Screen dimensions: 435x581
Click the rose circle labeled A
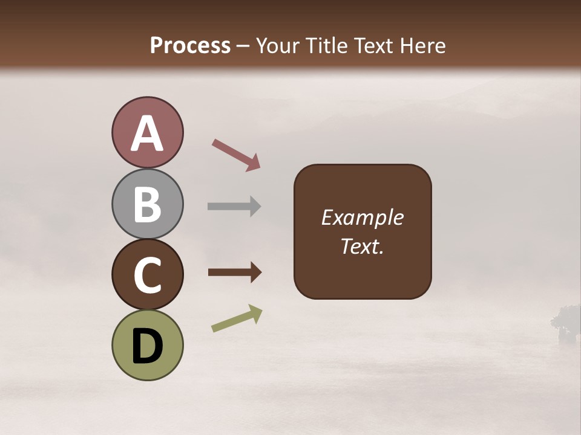pos(147,133)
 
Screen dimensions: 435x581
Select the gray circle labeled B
pos(147,204)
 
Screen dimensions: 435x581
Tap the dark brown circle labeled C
pos(147,274)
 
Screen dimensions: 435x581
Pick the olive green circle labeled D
pos(147,345)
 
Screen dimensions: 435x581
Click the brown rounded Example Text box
pos(363,231)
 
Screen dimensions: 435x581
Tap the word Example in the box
pos(363,217)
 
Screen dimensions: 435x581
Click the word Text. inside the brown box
pos(363,246)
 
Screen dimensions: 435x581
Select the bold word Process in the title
pos(190,46)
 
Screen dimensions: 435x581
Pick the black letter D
pos(147,346)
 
